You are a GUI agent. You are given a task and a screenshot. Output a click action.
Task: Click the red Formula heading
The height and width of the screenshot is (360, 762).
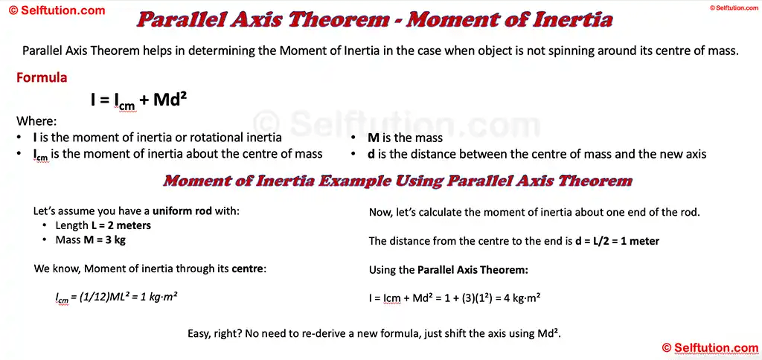click(42, 78)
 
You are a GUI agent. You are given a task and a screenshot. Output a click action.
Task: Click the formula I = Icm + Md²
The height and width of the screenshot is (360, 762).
click(138, 100)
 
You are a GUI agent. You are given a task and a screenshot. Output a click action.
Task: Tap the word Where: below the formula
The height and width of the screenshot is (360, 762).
click(36, 121)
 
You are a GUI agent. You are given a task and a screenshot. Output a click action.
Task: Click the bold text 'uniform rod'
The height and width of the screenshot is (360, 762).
click(182, 210)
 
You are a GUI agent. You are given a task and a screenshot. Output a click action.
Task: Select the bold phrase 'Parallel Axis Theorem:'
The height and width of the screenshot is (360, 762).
click(473, 269)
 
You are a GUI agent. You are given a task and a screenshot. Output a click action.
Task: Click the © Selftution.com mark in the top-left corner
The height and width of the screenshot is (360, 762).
click(57, 11)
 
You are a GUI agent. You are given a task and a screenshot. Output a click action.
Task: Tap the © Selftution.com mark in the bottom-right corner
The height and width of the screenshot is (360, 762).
click(710, 347)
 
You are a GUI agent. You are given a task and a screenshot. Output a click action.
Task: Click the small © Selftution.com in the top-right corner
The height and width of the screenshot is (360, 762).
click(734, 7)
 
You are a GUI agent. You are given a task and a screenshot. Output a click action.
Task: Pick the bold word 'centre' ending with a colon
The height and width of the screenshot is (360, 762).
click(248, 269)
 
